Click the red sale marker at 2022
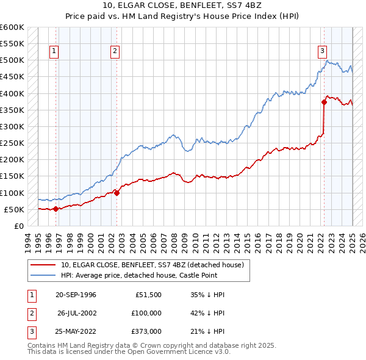(x=324, y=103)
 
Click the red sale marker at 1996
(x=56, y=209)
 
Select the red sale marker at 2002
(x=117, y=193)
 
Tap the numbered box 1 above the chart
(x=55, y=51)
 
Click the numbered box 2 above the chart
(x=115, y=51)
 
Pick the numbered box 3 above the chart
(x=322, y=51)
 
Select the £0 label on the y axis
(x=18, y=226)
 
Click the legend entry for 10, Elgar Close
(x=152, y=265)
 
